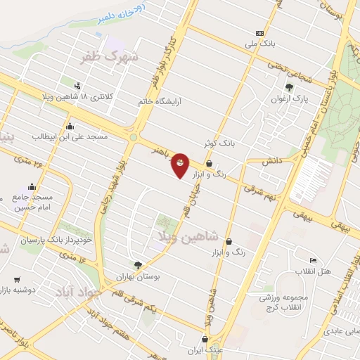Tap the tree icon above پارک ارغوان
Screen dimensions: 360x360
[290, 87]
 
